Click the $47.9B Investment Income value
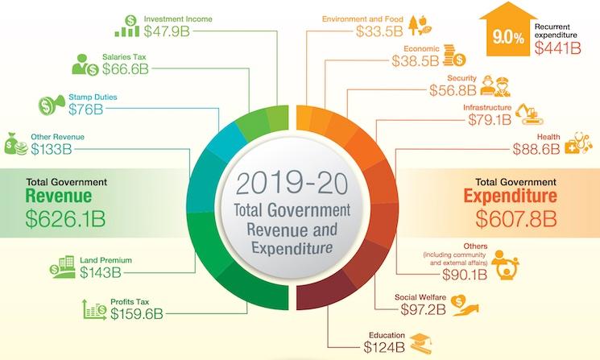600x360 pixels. [x=172, y=31]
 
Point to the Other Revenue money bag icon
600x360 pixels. [x=15, y=143]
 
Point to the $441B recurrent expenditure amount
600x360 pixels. [x=558, y=48]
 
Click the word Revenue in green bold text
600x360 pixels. [x=58, y=196]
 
